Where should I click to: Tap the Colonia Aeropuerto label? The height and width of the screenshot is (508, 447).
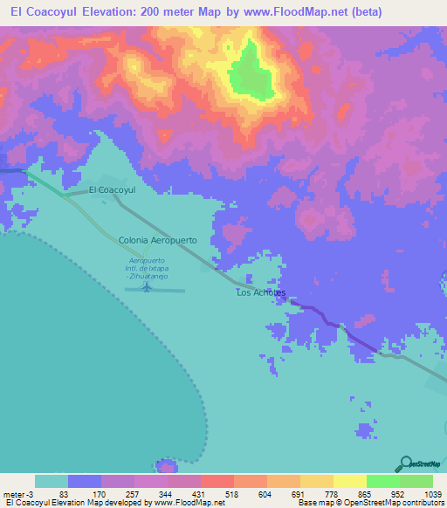coord(158,239)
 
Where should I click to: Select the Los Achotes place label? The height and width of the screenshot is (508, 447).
coord(261,293)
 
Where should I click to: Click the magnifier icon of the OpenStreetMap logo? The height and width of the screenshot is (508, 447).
coord(404,463)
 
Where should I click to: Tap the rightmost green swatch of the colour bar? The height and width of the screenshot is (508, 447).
coord(416,481)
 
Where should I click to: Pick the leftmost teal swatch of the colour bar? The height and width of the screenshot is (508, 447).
coord(52,481)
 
